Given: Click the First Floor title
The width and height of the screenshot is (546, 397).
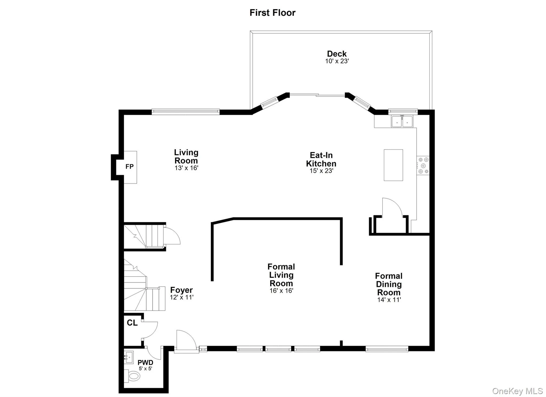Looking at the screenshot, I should click(272, 13).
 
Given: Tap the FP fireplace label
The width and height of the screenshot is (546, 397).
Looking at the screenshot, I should click(130, 167).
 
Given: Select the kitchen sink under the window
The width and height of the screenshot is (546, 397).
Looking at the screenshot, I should click(402, 122).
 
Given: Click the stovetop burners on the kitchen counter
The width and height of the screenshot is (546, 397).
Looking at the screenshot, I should click(423, 166).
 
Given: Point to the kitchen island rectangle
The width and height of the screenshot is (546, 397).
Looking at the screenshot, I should click(393, 165).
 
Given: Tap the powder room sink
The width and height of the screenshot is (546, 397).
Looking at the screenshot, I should click(129, 357).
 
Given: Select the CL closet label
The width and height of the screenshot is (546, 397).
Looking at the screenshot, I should click(132, 323).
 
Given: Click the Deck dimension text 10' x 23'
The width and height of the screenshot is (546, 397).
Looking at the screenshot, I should click(337, 61).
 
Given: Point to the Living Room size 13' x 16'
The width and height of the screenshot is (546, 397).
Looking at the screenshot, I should click(186, 168).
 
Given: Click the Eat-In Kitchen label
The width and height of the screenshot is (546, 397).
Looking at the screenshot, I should click(321, 159).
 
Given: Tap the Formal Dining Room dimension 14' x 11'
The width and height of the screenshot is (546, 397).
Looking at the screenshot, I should click(389, 300).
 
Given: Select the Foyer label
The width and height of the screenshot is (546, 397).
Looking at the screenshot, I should click(181, 290).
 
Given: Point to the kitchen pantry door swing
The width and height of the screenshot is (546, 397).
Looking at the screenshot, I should click(391, 208).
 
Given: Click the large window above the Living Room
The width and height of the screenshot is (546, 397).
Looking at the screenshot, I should click(186, 112).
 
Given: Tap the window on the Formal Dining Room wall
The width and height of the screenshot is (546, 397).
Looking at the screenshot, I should click(387, 349).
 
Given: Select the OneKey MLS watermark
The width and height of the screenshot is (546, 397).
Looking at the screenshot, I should click(517, 391).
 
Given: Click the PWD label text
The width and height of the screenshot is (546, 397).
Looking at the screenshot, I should click(145, 363).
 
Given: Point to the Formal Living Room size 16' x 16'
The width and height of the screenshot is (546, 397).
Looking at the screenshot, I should click(281, 291).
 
